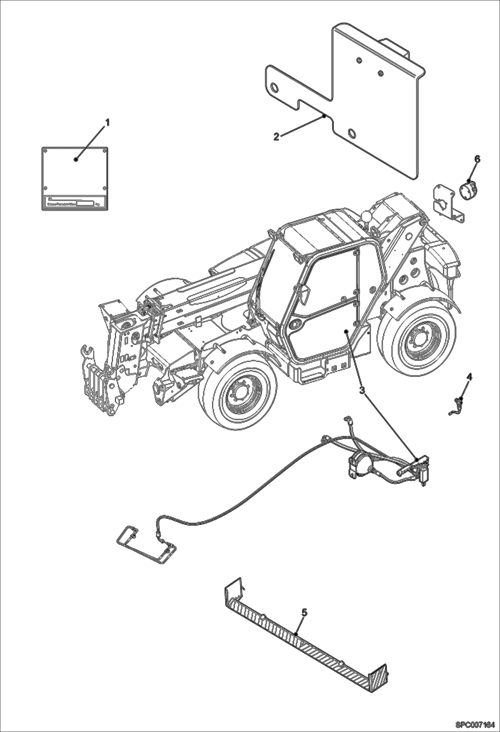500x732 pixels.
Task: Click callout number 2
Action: (276, 137)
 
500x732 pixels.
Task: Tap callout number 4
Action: (469, 377)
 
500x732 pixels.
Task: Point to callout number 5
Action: (304, 612)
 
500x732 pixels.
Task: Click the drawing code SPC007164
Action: (475, 725)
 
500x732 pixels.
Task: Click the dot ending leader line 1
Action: (76, 159)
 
